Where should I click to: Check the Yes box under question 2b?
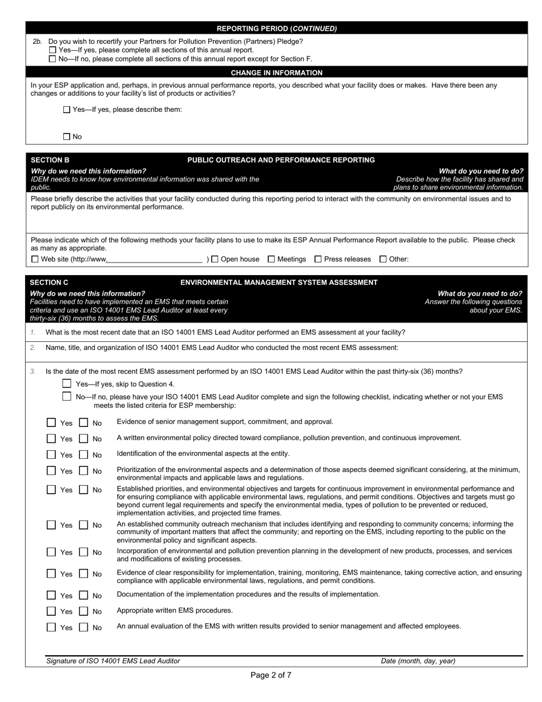(53, 50)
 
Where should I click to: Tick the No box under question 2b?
(53, 59)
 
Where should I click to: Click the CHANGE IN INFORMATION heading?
(276, 72)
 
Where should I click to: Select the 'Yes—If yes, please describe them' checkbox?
(67, 110)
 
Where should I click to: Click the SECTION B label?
(50, 160)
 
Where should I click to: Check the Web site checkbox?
(35, 259)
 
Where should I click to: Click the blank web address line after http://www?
(155, 259)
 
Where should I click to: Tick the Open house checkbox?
(215, 259)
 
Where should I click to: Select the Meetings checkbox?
(272, 259)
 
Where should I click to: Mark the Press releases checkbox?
(318, 259)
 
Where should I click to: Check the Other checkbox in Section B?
(383, 259)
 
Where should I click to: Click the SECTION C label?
(49, 283)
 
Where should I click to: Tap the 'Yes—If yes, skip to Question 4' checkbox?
(67, 384)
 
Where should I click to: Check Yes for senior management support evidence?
(51, 423)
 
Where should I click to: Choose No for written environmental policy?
(84, 439)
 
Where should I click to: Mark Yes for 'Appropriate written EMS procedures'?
(51, 611)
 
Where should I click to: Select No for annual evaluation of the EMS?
(84, 627)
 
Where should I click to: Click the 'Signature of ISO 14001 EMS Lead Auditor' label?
(113, 661)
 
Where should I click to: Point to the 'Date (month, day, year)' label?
(418, 661)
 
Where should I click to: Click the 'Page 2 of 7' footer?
(271, 675)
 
